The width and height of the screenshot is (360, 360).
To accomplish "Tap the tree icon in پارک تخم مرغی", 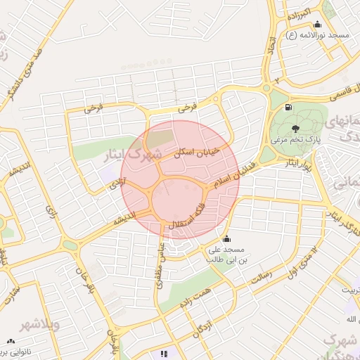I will pyautogui.click(x=295, y=128).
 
